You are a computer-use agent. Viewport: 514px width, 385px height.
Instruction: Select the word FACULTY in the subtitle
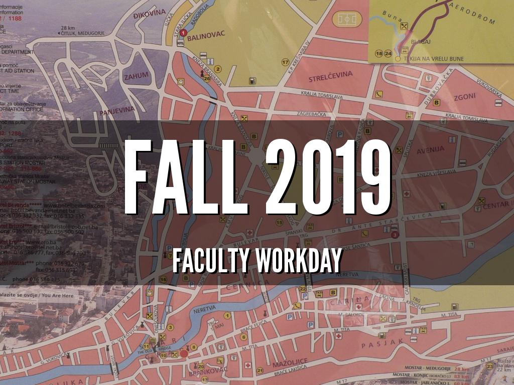[211, 260]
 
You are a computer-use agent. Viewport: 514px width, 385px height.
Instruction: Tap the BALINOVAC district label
[207, 34]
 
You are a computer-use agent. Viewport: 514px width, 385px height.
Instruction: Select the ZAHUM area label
[136, 76]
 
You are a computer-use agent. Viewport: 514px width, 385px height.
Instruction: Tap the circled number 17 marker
[285, 63]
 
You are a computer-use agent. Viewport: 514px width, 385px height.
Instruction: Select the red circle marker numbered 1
[183, 33]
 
